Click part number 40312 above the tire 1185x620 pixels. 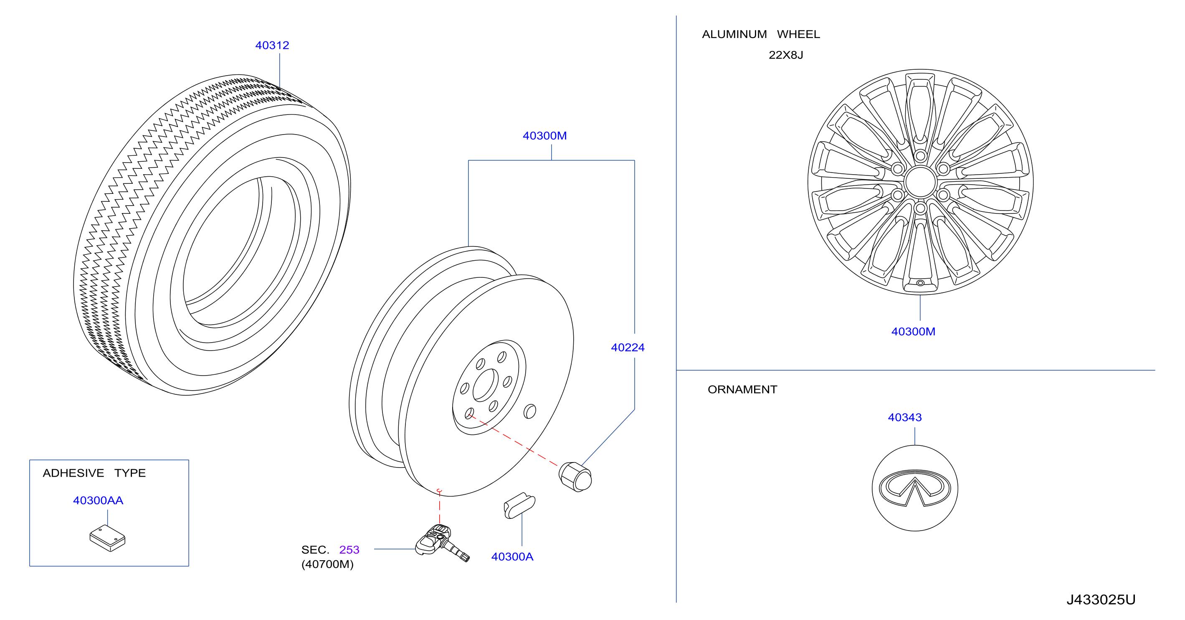pos(272,45)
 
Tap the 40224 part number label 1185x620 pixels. pos(628,348)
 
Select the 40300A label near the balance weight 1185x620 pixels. pos(512,556)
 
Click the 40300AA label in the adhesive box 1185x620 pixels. pos(98,501)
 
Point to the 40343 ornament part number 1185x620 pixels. pos(904,417)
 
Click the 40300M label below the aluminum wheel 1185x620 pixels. pos(913,331)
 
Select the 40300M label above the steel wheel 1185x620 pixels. pos(544,136)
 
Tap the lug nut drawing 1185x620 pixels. pos(575,477)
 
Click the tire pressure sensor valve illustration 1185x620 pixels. pos(442,543)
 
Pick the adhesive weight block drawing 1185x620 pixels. pos(107,538)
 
